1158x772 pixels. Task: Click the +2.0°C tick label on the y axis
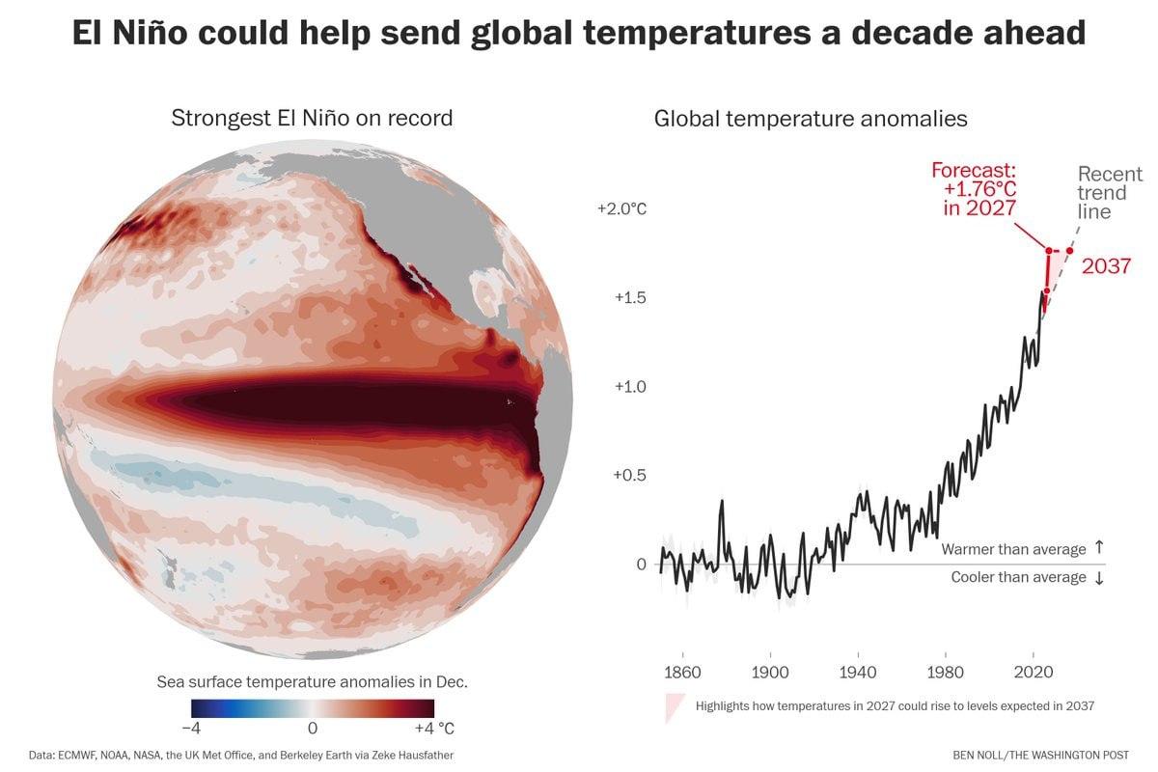pyautogui.click(x=621, y=208)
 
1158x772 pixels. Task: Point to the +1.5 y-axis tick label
pyautogui.click(x=630, y=298)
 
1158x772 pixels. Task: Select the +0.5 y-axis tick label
pyautogui.click(x=629, y=475)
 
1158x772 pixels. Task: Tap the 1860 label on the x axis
pyautogui.click(x=682, y=673)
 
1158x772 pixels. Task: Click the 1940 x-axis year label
pyautogui.click(x=858, y=673)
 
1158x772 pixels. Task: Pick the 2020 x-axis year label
pyautogui.click(x=1034, y=673)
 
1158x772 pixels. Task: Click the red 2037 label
pyautogui.click(x=1106, y=266)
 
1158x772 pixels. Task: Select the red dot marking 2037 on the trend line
pyautogui.click(x=1069, y=251)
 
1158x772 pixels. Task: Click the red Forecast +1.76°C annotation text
pyautogui.click(x=974, y=189)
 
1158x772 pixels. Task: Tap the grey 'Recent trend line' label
pyautogui.click(x=1110, y=192)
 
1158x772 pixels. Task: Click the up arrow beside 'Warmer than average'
pyautogui.click(x=1099, y=547)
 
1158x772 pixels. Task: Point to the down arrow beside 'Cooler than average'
pyautogui.click(x=1099, y=578)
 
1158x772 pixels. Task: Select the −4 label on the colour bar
pyautogui.click(x=191, y=729)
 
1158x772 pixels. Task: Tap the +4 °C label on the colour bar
pyautogui.click(x=434, y=729)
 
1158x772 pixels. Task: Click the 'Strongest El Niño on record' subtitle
pyautogui.click(x=312, y=118)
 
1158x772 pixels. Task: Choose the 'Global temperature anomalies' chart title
pyautogui.click(x=811, y=119)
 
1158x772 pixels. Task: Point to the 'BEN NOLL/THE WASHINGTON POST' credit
pyautogui.click(x=1040, y=756)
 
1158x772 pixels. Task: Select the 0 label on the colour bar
pyautogui.click(x=313, y=729)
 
